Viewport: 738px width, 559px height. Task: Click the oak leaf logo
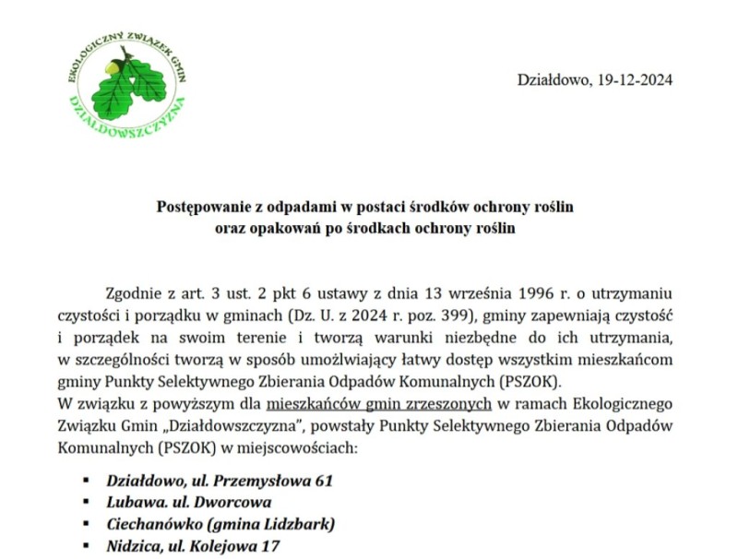pyautogui.click(x=128, y=81)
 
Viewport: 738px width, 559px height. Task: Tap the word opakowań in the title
pyautogui.click(x=274, y=227)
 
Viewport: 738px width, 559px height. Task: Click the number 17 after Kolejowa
pyautogui.click(x=269, y=547)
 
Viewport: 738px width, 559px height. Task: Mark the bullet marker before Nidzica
pyautogui.click(x=86, y=547)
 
